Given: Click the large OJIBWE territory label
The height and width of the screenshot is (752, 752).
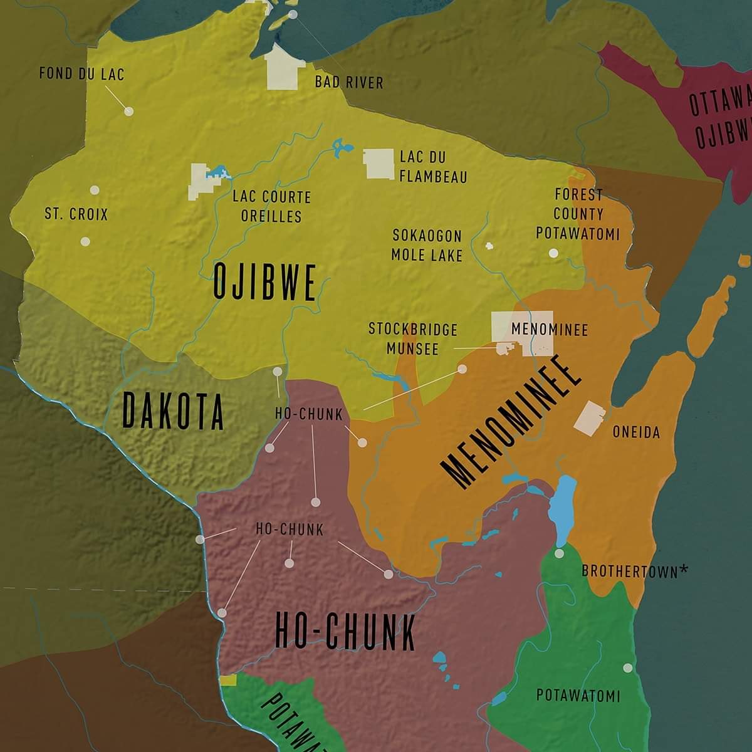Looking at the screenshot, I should (x=264, y=283).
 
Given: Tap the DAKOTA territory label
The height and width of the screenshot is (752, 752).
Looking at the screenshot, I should (x=173, y=411).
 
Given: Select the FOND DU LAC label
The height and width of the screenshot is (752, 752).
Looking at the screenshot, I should (x=81, y=74).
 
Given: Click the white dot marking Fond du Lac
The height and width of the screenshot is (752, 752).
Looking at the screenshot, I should (x=129, y=111).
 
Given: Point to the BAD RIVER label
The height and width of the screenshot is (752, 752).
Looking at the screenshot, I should (x=348, y=82).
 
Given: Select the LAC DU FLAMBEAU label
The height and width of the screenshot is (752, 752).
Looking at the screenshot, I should (x=432, y=167).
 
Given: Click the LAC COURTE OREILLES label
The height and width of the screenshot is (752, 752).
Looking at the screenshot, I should (x=271, y=207).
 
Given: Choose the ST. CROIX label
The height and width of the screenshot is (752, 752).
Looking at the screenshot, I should (x=76, y=214).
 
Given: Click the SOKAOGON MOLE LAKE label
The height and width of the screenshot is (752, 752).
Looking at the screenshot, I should (x=427, y=245).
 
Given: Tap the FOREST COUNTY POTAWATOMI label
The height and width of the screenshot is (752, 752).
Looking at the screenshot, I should (x=577, y=214).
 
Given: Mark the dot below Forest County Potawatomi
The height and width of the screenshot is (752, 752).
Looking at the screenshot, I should (x=553, y=253).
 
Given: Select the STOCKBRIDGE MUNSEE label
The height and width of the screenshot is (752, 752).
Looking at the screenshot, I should (x=412, y=338).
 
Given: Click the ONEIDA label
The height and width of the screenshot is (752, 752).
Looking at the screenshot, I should (x=636, y=433).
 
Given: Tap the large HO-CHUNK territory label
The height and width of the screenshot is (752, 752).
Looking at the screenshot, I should (x=345, y=632).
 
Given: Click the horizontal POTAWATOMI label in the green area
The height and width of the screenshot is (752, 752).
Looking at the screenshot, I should (x=578, y=696).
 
